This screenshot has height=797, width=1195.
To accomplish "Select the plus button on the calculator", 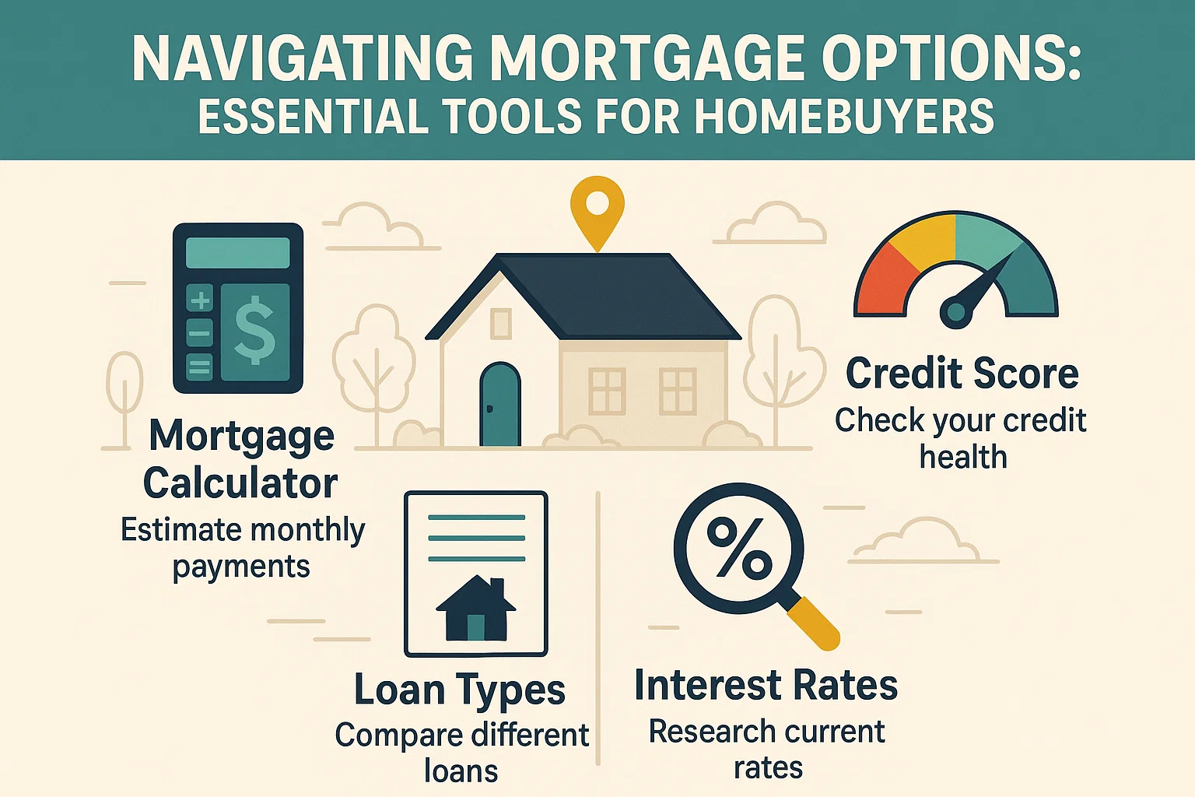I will (200, 300).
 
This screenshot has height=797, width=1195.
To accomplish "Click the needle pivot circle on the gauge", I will (955, 314).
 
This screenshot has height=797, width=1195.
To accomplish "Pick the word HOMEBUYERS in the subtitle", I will (843, 118).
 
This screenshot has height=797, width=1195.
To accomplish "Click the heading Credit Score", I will (962, 374).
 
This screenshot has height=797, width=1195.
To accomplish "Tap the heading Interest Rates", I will (766, 686).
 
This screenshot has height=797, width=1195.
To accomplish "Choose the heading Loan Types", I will (460, 690).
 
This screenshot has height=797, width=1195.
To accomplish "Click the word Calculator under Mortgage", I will (240, 483).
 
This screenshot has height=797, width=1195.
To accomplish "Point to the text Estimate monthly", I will (243, 531).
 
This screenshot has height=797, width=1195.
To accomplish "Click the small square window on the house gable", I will (501, 323).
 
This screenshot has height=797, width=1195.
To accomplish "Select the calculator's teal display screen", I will (237, 254).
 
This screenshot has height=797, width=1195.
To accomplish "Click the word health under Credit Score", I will (963, 457).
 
